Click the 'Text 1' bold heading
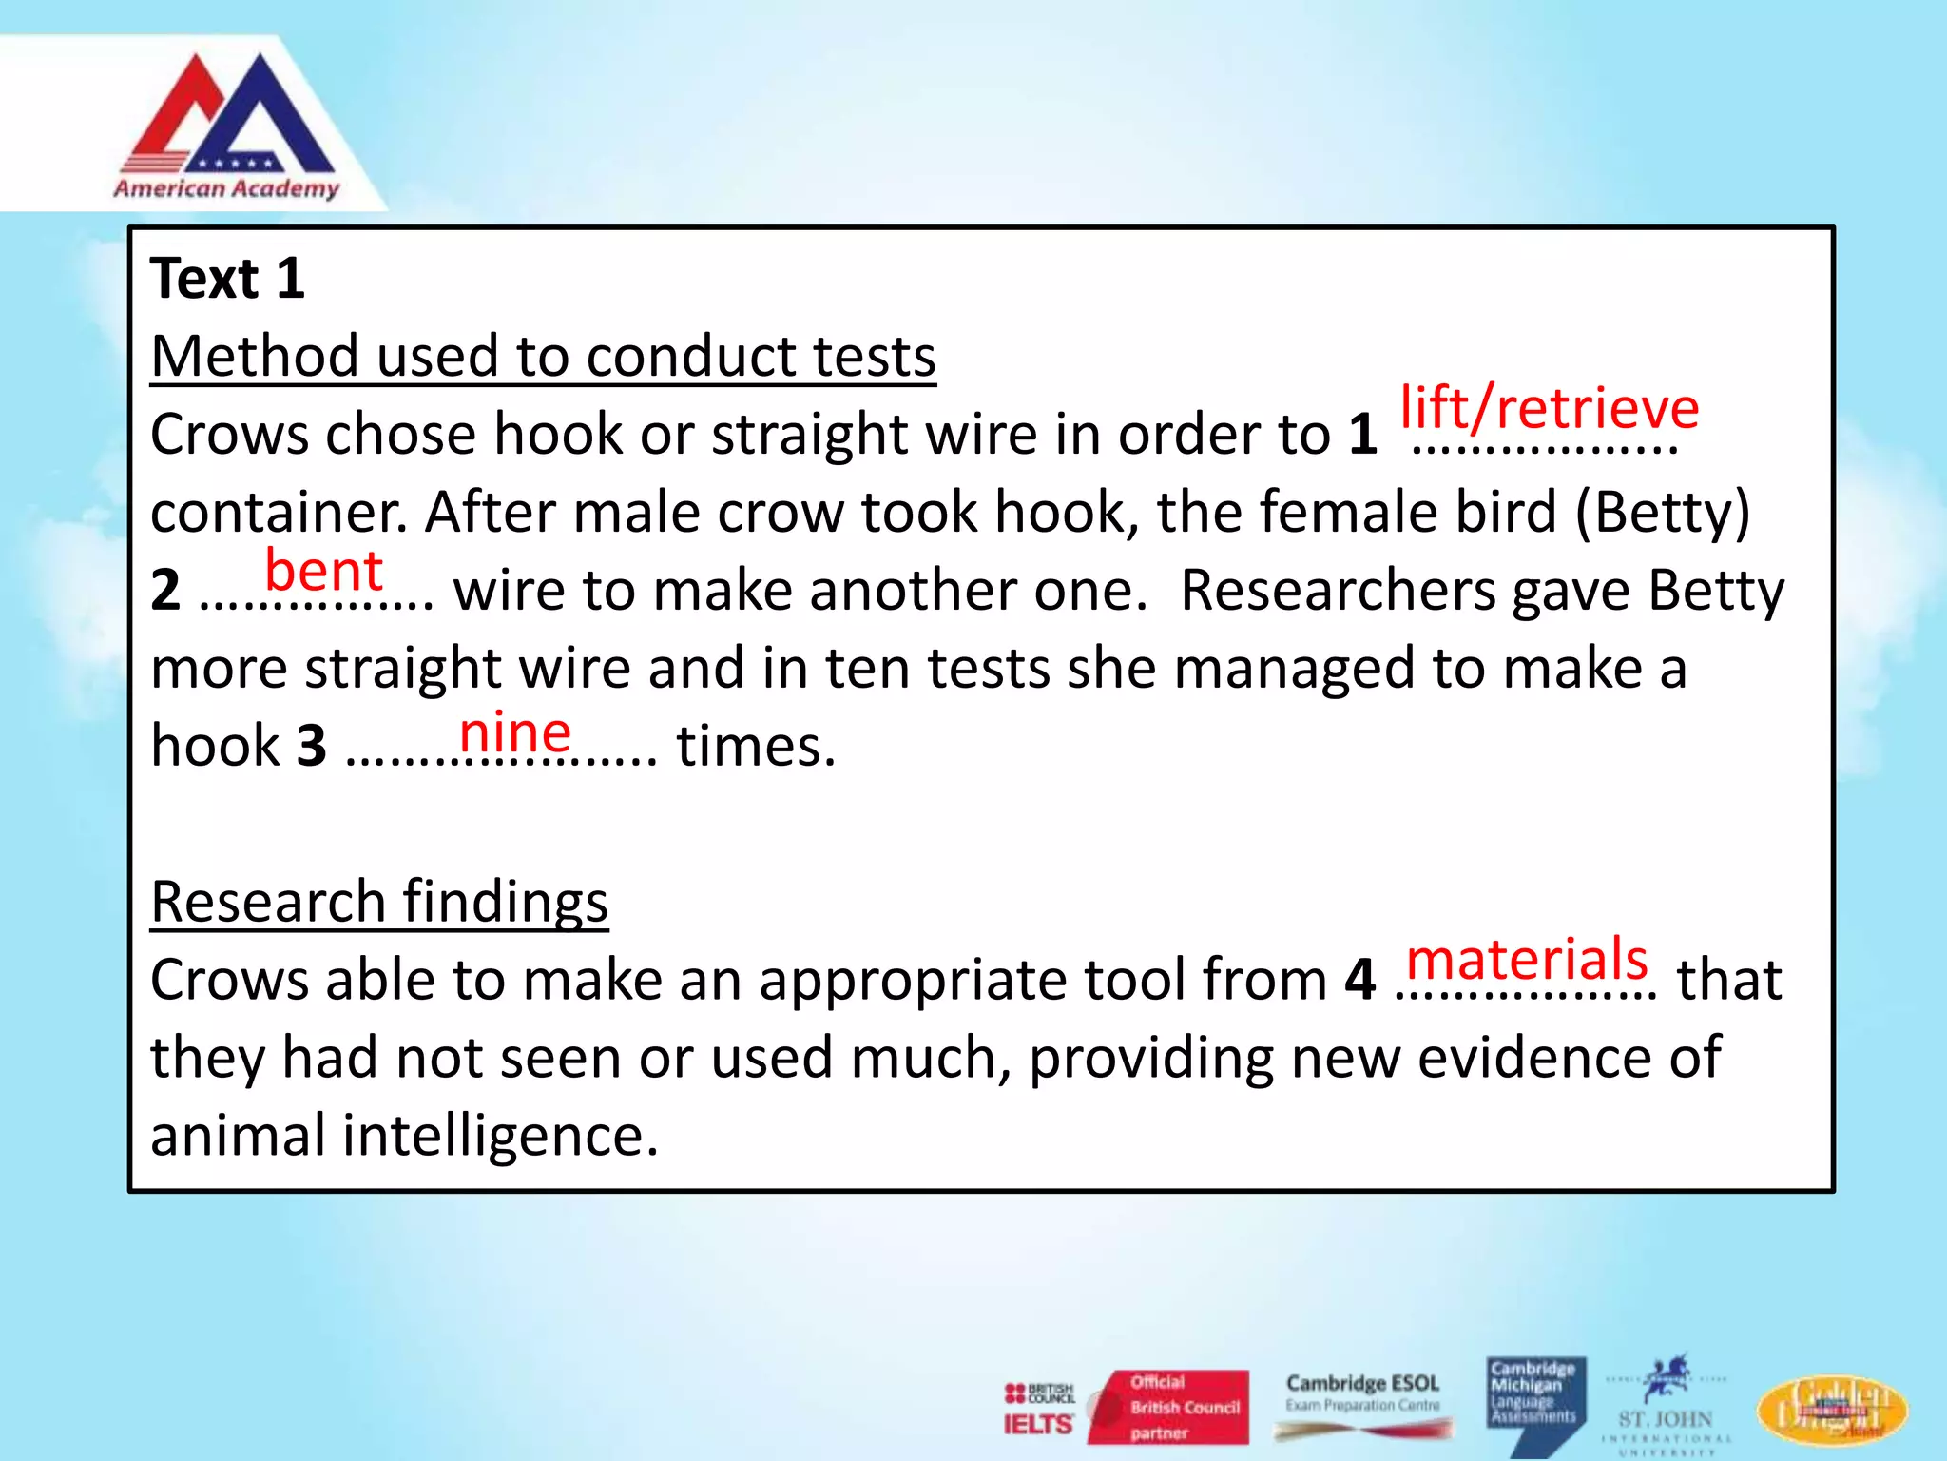[x=227, y=279]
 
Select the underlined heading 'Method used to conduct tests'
[x=543, y=357]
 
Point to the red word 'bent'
[x=323, y=571]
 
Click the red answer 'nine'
[x=514, y=732]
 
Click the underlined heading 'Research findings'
[x=379, y=902]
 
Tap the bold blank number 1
[x=1362, y=435]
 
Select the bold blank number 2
[x=165, y=591]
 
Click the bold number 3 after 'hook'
[x=312, y=747]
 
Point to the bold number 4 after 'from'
[x=1359, y=980]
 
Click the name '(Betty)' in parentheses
[x=1662, y=513]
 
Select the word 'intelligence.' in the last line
[x=500, y=1136]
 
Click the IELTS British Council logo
[x=1038, y=1409]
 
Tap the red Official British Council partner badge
[x=1170, y=1407]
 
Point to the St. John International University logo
[x=1666, y=1408]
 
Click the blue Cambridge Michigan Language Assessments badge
[x=1534, y=1398]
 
